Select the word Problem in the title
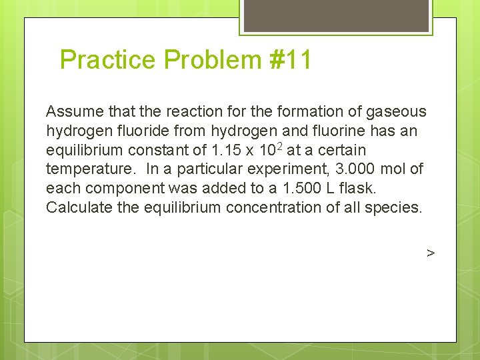click(x=215, y=60)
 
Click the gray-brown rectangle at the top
click(x=336, y=15)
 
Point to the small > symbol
click(x=431, y=253)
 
